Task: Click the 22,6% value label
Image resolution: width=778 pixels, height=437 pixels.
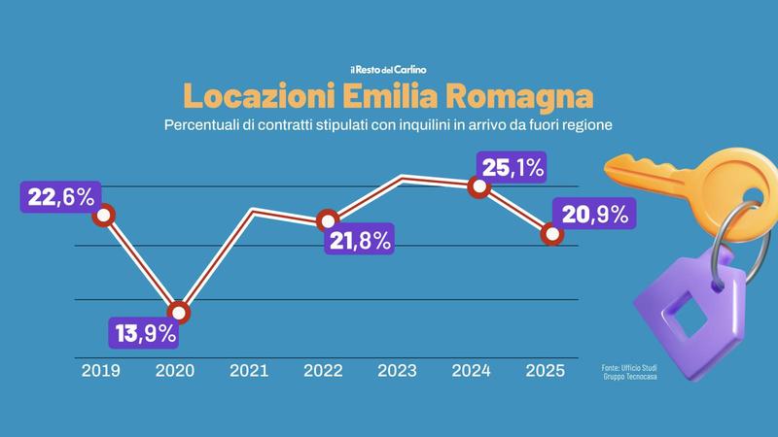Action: tap(61, 197)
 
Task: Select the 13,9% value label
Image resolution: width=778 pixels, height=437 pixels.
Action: tap(143, 334)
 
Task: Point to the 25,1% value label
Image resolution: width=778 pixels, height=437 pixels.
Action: tap(512, 168)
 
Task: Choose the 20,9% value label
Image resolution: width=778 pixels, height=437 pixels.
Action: tap(593, 215)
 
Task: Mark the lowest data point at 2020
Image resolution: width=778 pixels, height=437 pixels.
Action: tap(179, 312)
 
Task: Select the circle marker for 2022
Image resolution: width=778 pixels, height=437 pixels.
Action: tap(329, 218)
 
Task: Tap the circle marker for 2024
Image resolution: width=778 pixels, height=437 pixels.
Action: tap(477, 187)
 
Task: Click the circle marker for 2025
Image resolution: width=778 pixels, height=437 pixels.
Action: tap(551, 234)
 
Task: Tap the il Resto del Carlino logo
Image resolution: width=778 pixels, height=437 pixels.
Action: tap(389, 69)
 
